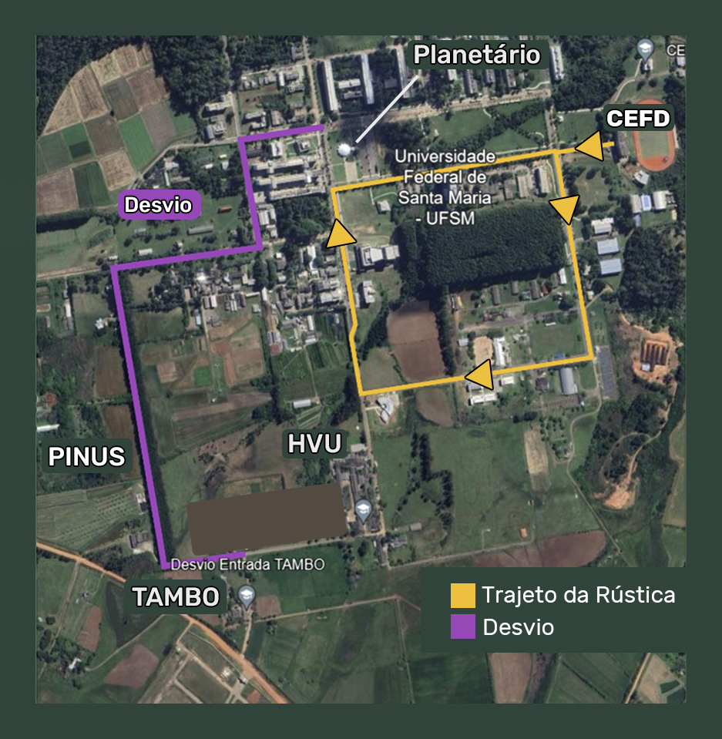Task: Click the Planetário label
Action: [476, 55]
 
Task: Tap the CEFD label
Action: [638, 119]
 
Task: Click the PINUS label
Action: [86, 456]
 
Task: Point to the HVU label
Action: [314, 444]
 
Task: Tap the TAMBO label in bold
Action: [176, 596]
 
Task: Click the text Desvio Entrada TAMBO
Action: [247, 565]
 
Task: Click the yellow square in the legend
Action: [463, 596]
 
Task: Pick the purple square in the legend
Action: [463, 627]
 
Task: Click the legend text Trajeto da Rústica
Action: [578, 595]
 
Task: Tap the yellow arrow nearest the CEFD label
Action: [590, 146]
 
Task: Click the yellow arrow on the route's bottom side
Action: [481, 375]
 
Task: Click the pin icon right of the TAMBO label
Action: [246, 594]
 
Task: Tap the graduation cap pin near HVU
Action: [363, 509]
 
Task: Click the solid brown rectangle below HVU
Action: [267, 519]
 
